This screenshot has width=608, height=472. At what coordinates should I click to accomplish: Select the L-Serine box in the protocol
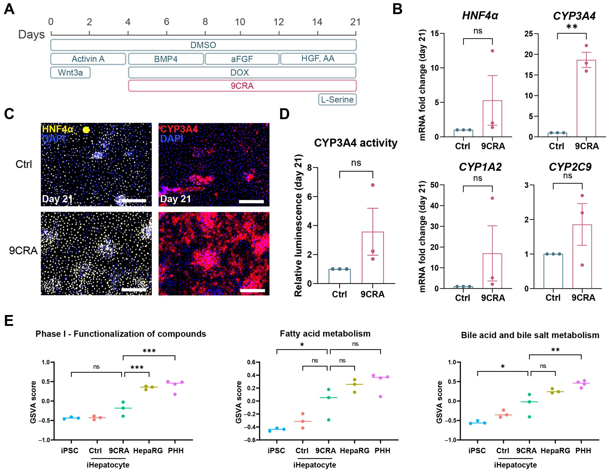point(337,99)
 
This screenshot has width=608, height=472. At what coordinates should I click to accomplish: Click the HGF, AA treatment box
point(318,59)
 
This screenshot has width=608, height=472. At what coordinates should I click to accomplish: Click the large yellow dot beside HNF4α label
point(86,130)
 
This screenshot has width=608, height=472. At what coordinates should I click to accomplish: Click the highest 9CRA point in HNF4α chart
point(492,51)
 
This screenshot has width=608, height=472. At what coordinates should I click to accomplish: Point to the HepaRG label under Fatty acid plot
point(354,451)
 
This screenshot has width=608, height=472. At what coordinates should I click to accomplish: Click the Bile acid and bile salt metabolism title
point(530,335)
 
